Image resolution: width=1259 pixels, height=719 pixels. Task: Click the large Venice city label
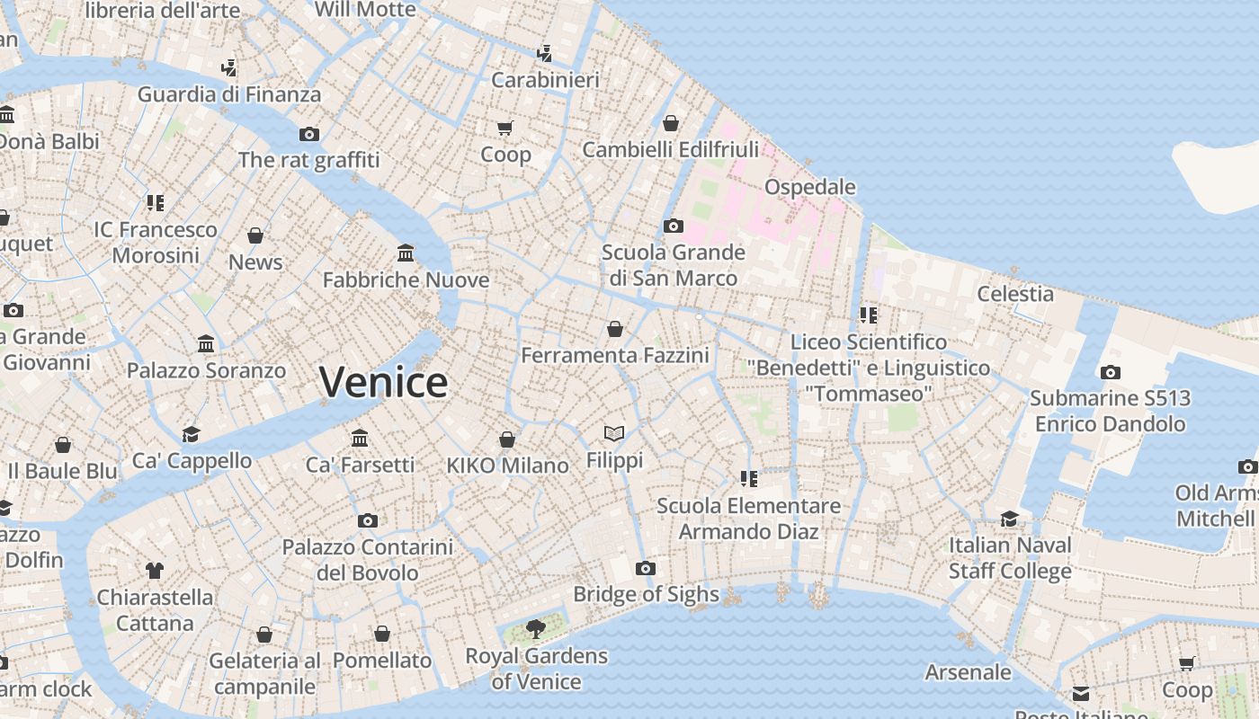pos(383,382)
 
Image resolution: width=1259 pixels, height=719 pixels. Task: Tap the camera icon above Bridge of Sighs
pos(645,568)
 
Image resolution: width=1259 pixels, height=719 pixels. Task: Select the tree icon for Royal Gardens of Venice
pos(536,628)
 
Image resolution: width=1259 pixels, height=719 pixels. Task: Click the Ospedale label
pos(809,187)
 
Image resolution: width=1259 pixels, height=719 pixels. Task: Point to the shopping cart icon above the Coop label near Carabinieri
pos(504,129)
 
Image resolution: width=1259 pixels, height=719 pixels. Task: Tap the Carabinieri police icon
pos(544,53)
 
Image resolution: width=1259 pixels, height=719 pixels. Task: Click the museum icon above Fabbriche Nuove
pos(406,253)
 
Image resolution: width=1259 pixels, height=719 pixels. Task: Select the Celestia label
pos(1015,294)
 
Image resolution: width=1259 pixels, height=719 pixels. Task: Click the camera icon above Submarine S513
pos(1110,372)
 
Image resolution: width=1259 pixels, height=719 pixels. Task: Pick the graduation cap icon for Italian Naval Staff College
pos(1010,519)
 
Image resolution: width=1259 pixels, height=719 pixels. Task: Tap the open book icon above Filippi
pos(614,434)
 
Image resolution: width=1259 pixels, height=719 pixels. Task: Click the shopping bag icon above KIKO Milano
pos(507,439)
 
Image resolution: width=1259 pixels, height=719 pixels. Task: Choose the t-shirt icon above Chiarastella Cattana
pos(155,570)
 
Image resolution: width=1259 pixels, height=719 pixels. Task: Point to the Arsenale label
pos(968,672)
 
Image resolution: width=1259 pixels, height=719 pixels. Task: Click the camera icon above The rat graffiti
pos(309,134)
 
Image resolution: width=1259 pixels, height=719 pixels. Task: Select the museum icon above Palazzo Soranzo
pos(206,344)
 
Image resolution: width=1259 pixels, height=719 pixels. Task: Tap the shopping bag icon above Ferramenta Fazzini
pos(615,329)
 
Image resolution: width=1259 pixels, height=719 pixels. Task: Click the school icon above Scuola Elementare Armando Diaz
pos(748,479)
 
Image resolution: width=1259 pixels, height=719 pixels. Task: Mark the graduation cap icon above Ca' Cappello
pos(192,435)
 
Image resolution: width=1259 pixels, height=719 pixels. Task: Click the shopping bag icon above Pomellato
pos(382,634)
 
